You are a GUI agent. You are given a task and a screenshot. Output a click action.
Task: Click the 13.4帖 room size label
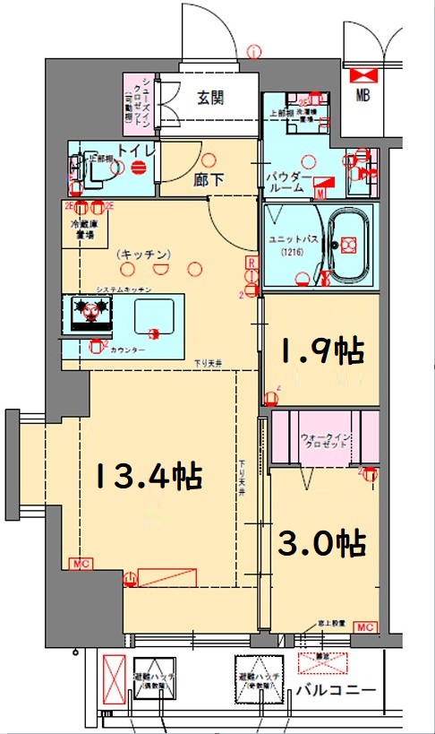pyautogui.click(x=149, y=475)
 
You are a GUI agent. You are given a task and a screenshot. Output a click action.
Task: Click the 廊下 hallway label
pyautogui.click(x=209, y=179)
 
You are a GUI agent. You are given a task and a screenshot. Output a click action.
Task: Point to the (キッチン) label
pyautogui.click(x=143, y=255)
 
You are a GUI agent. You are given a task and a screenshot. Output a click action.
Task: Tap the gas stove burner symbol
pyautogui.click(x=89, y=311)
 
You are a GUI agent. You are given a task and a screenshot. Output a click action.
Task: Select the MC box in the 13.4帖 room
pyautogui.click(x=80, y=564)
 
